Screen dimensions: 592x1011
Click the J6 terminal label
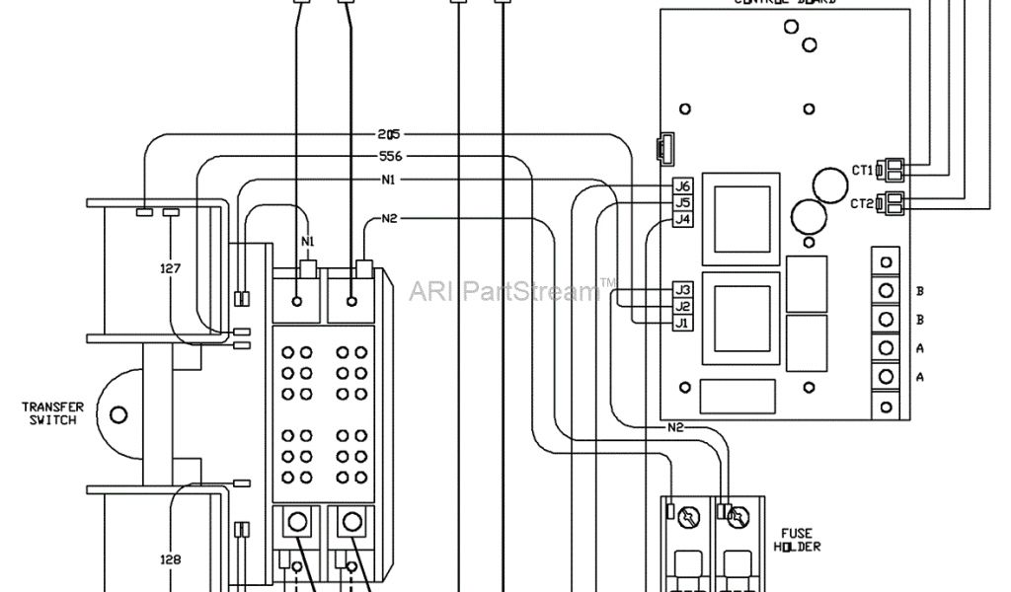tap(681, 186)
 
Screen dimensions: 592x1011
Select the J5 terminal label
tap(681, 203)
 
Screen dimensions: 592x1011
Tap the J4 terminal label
tap(681, 220)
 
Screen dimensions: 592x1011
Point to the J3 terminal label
tap(681, 290)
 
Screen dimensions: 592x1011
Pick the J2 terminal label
tap(681, 307)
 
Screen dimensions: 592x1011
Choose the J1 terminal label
tap(681, 324)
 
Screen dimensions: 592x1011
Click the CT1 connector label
tap(863, 170)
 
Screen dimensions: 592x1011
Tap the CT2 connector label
tap(863, 204)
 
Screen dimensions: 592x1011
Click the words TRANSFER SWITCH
tap(53, 413)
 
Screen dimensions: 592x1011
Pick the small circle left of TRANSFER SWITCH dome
tap(118, 414)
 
